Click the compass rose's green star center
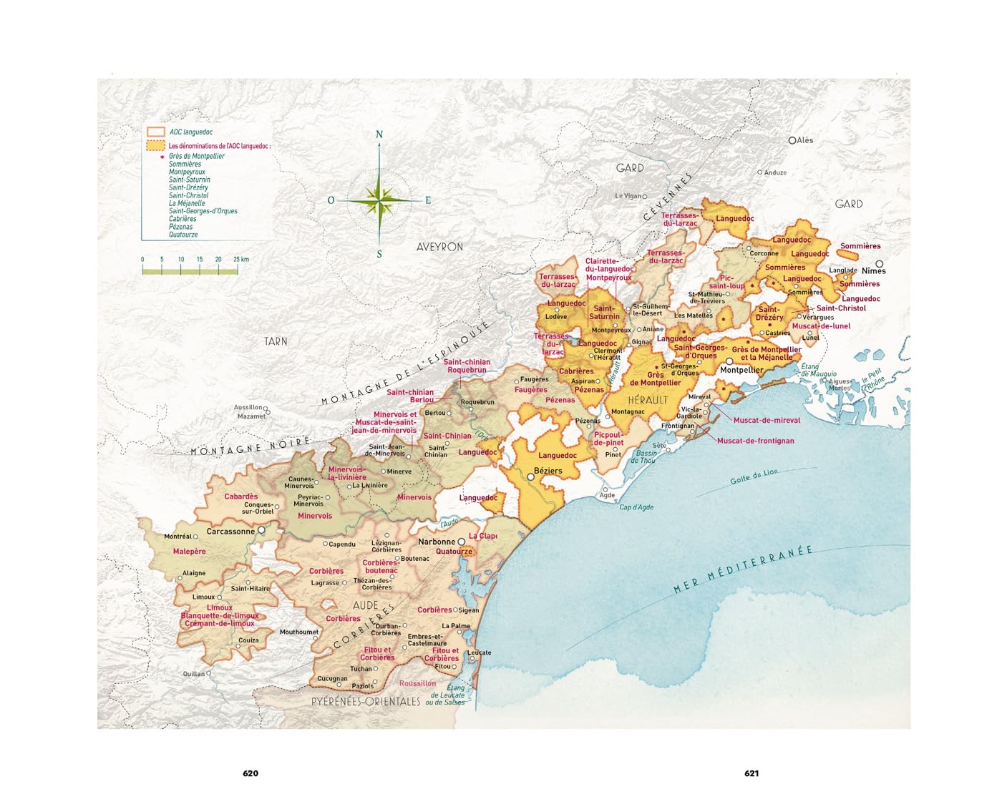point(379,200)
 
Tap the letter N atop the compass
point(379,135)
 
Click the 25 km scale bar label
point(241,259)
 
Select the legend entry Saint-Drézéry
point(188,187)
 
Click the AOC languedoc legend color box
point(155,132)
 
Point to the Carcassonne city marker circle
point(261,530)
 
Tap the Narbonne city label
point(437,542)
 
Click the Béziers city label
point(548,471)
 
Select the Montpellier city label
point(741,370)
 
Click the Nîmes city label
point(874,270)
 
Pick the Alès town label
point(805,140)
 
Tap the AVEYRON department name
point(439,246)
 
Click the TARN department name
point(276,341)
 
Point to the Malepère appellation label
point(189,552)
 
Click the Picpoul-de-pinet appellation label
point(608,439)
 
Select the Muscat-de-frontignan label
point(755,441)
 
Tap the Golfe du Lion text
point(754,476)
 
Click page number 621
point(751,773)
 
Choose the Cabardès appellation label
point(241,497)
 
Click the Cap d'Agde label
point(636,507)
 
